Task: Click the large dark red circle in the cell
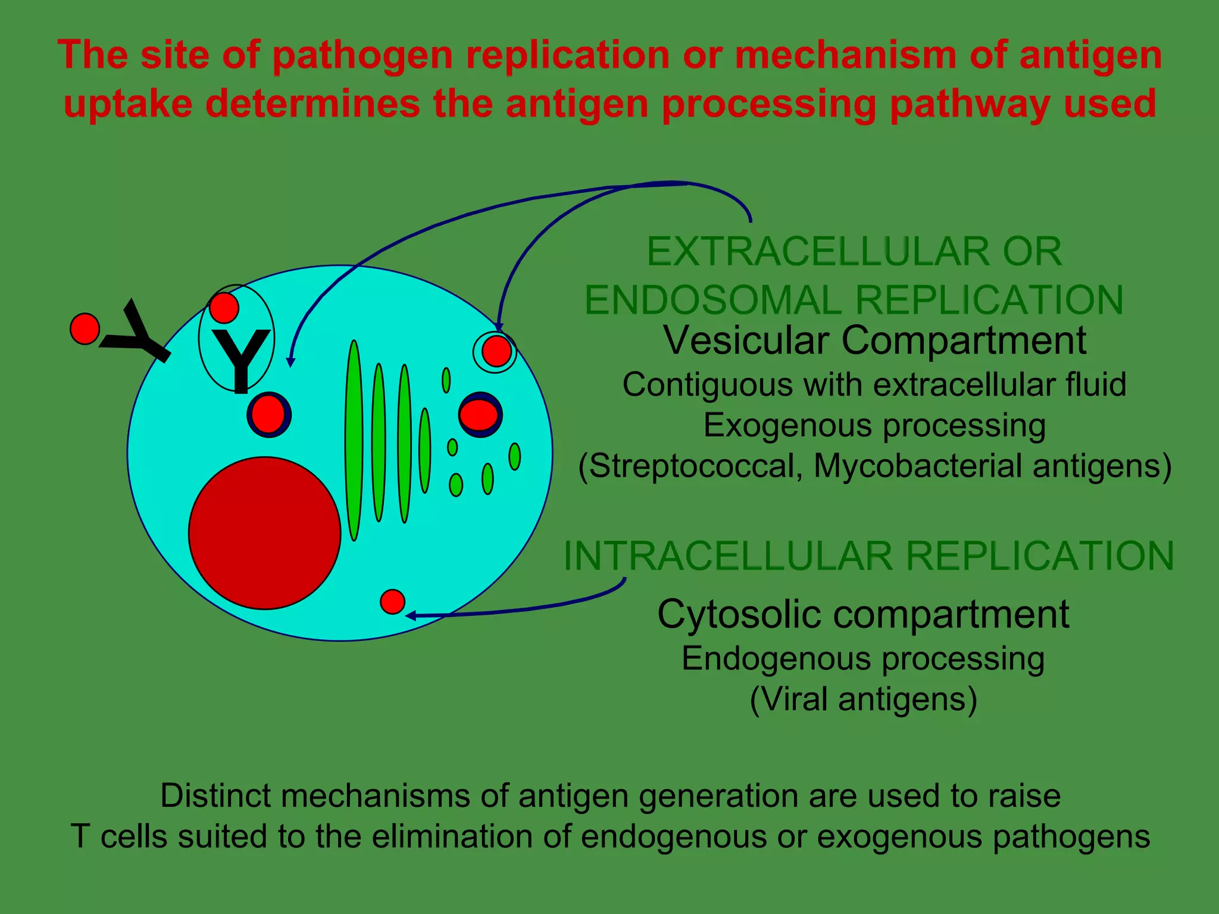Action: pyautogui.click(x=264, y=533)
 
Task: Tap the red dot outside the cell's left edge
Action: pyautogui.click(x=85, y=329)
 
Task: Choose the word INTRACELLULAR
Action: pyautogui.click(x=727, y=556)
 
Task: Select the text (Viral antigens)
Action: pyautogui.click(x=863, y=699)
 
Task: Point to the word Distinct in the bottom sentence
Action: pyautogui.click(x=215, y=796)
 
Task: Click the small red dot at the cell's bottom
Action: pyautogui.click(x=392, y=602)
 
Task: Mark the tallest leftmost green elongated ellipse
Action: pyautogui.click(x=354, y=440)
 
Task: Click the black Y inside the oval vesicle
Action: pyautogui.click(x=240, y=361)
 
